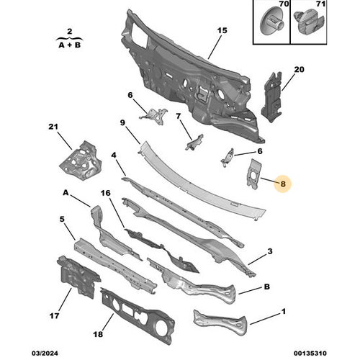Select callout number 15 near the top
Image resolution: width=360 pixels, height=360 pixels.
pyautogui.click(x=222, y=30)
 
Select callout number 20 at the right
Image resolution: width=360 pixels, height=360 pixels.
pyautogui.click(x=300, y=70)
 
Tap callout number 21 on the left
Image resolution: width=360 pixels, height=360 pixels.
pyautogui.click(x=51, y=127)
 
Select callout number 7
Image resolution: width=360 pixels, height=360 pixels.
pyautogui.click(x=177, y=116)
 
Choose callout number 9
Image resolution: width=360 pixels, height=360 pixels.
pyautogui.click(x=123, y=123)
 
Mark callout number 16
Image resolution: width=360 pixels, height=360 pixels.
pyautogui.click(x=105, y=194)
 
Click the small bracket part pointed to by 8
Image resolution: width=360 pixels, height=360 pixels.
pyautogui.click(x=254, y=174)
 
